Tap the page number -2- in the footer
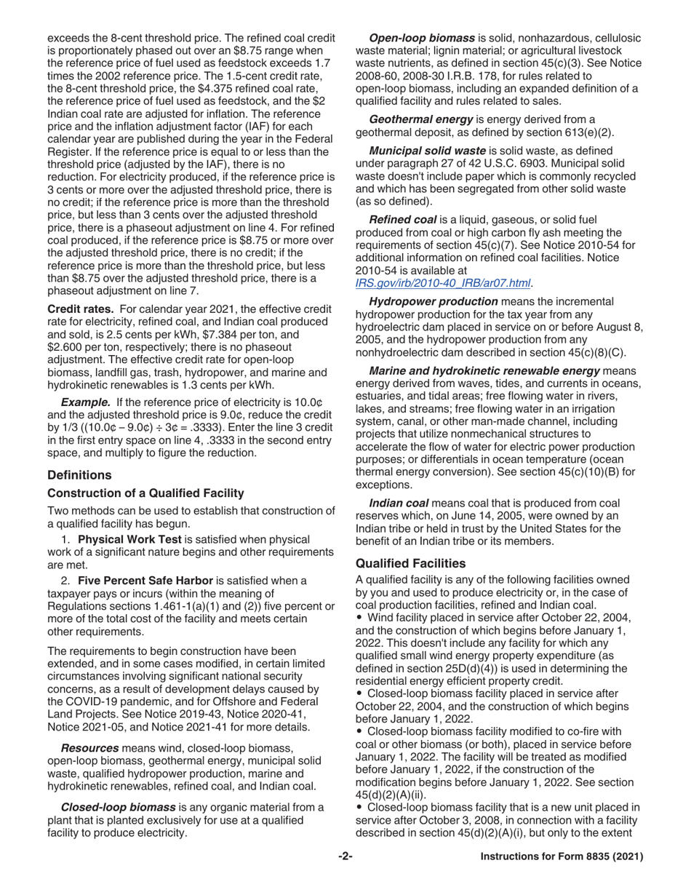pos(345,857)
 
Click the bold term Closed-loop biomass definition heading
pos(118,807)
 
